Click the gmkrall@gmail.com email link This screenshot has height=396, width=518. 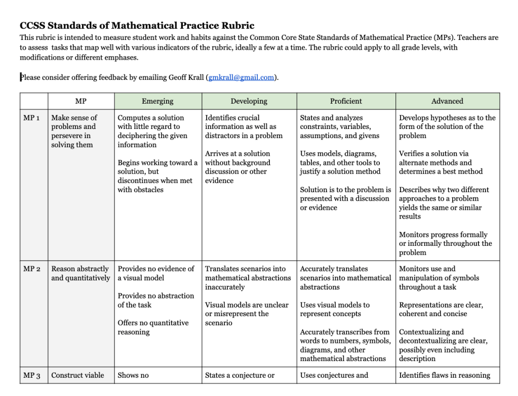click(241, 77)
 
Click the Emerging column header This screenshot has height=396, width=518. click(157, 101)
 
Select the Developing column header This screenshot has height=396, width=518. click(249, 101)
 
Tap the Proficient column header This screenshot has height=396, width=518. click(346, 101)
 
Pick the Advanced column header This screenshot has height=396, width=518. click(447, 101)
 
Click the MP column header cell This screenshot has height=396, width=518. click(81, 101)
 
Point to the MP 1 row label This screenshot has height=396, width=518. click(32, 118)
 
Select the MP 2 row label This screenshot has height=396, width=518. click(32, 269)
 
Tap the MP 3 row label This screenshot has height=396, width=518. click(32, 375)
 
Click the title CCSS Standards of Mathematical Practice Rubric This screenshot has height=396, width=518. click(137, 25)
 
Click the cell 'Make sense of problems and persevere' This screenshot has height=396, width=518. click(74, 131)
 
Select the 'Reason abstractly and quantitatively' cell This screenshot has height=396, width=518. click(80, 274)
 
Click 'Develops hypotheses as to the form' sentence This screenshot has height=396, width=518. click(447, 126)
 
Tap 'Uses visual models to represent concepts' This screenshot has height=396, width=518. click(335, 309)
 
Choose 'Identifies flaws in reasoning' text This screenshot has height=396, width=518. click(445, 375)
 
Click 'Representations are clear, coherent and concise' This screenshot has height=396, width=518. click(441, 309)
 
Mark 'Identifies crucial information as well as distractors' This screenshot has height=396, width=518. click(241, 126)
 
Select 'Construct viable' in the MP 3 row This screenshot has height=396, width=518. click(77, 375)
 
